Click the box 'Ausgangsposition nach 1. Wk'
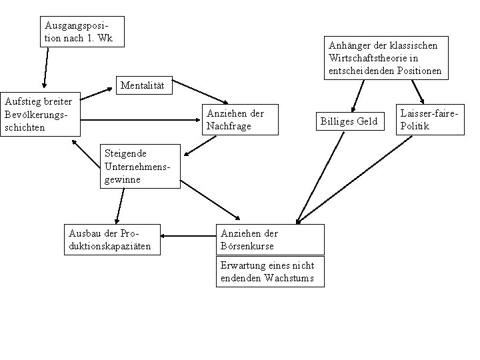click(x=81, y=32)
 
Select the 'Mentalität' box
click(x=143, y=86)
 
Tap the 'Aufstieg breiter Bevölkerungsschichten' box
click(x=39, y=114)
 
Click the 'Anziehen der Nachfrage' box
click(x=240, y=120)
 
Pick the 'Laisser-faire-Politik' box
click(x=429, y=120)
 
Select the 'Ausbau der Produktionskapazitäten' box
click(x=113, y=240)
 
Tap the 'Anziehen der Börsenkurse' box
click(x=270, y=240)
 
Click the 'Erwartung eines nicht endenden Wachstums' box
click(x=270, y=272)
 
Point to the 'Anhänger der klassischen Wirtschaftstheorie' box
click(x=385, y=57)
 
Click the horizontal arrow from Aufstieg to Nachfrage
click(x=140, y=121)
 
